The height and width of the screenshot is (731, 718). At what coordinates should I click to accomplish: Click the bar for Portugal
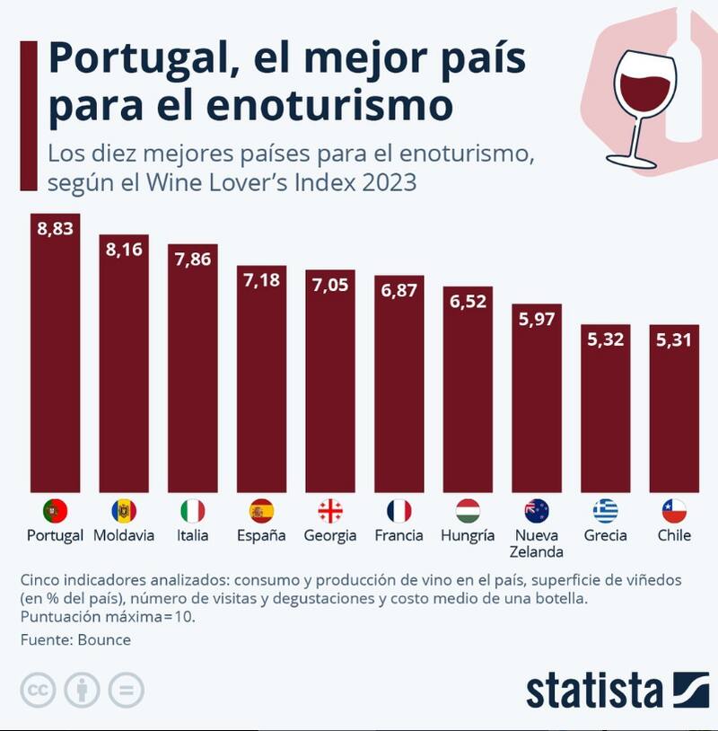pos(55,359)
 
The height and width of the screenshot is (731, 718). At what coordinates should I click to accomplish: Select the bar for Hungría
pos(468,395)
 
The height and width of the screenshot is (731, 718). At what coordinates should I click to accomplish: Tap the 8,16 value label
pos(124,249)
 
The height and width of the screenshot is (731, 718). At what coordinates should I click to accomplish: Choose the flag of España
pos(261,511)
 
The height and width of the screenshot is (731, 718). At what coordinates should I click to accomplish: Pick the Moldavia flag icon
pos(124,511)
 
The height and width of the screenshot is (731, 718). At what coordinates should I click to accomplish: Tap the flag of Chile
pos(674,511)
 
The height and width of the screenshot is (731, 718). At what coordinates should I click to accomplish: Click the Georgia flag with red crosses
pos(330,511)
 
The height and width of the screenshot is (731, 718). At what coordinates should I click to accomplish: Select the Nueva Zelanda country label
pos(537,543)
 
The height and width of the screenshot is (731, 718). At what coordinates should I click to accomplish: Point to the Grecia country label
pos(605,535)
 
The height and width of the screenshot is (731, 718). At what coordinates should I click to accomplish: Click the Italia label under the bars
pos(192,535)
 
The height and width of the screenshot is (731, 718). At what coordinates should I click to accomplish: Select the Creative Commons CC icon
pos(37,691)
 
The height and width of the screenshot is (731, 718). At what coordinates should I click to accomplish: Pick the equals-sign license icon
pos(127,691)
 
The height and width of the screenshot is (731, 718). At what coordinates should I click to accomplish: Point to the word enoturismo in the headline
pos(328,105)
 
